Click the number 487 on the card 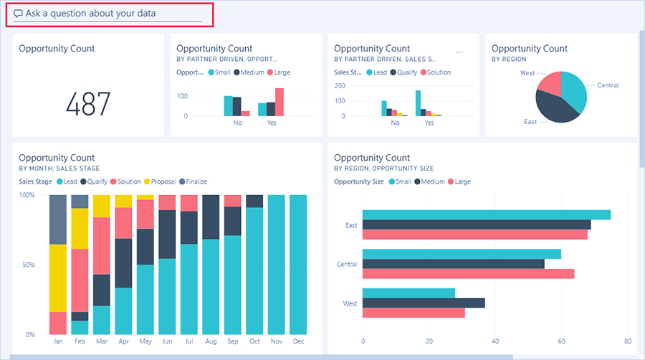pyautogui.click(x=88, y=105)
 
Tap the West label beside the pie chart pyautogui.click(x=527, y=73)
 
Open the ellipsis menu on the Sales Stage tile pyautogui.click(x=459, y=52)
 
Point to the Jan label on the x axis pyautogui.click(x=57, y=341)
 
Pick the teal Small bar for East pyautogui.click(x=487, y=215)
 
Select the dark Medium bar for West pyautogui.click(x=424, y=303)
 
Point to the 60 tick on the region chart pyautogui.click(x=561, y=341)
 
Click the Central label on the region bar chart pyautogui.click(x=347, y=265)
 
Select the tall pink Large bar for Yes pyautogui.click(x=279, y=102)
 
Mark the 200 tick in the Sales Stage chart pyautogui.click(x=340, y=85)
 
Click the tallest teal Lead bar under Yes pyautogui.click(x=418, y=103)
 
